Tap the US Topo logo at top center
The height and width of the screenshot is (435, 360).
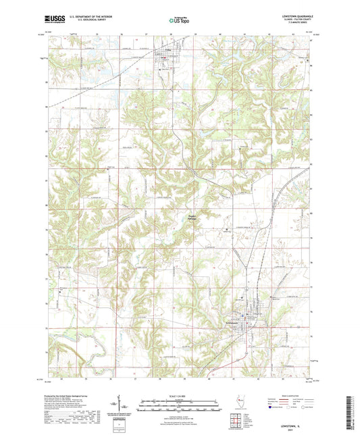[x=180, y=21]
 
